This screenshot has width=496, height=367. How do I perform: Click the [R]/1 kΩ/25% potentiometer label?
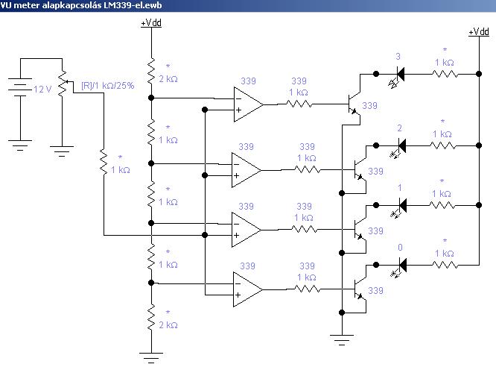click(107, 86)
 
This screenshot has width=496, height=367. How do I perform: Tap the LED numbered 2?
click(399, 140)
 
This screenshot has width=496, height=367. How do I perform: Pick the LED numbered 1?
click(399, 203)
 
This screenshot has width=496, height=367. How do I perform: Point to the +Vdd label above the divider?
click(151, 23)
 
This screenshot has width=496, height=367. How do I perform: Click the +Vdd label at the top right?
click(478, 32)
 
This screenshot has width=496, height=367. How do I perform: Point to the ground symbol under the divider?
click(150, 356)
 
